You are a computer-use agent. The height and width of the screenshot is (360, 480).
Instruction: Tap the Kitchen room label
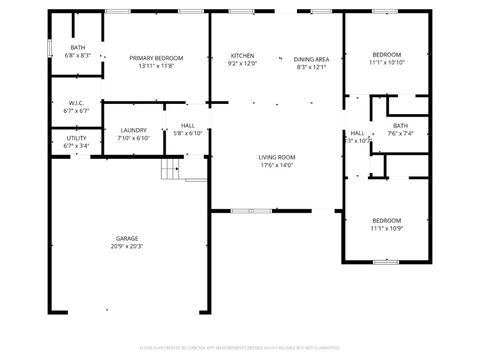(243, 55)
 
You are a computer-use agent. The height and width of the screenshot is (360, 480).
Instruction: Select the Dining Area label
(311, 58)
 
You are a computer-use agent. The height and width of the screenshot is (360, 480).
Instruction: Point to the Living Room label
(277, 157)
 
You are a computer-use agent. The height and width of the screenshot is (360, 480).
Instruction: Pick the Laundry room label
(133, 130)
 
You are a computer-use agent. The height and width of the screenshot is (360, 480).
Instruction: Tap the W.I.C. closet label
(77, 103)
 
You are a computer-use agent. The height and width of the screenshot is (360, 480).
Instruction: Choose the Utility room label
(77, 138)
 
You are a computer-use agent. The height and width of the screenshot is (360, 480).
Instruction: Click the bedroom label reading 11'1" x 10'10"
(387, 54)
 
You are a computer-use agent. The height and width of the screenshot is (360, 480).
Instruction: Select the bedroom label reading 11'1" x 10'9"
(387, 220)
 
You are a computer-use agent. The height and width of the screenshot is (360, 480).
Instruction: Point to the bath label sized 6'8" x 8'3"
(78, 47)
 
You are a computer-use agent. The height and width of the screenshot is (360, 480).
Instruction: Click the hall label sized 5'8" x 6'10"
(188, 125)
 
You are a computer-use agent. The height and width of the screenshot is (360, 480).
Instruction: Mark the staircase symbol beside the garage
(174, 168)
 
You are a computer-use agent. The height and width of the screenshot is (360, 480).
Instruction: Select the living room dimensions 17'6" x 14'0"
(277, 165)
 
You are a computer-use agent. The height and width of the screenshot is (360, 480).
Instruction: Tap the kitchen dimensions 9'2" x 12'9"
(243, 63)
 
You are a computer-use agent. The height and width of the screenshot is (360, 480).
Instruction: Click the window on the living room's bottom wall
(252, 211)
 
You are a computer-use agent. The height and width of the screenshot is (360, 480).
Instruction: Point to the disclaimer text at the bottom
(240, 348)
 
